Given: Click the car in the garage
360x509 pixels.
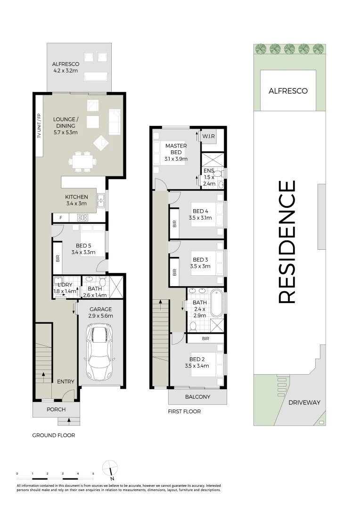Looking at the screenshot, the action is coord(100,353).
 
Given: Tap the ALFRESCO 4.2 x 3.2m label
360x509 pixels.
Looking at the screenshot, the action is coord(65,67).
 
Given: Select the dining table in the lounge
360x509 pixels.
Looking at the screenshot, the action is coord(82,161).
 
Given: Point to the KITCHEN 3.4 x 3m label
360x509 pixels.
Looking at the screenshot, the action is coord(76,200).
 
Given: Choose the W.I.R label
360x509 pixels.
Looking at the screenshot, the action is coord(208,136).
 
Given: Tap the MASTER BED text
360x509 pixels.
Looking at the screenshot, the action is coord(176,149).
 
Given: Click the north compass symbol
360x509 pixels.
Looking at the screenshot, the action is coord(110,470).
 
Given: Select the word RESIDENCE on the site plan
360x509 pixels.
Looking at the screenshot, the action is coord(287,242).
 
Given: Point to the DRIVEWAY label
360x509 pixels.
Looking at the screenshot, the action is coord(304,402).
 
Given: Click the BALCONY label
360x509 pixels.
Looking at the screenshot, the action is coord(198,397).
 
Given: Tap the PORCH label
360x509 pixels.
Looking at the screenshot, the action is coord(56,410).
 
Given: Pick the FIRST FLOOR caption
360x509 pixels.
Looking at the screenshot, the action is coord(184,411).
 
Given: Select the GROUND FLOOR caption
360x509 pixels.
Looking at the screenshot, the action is coord(54,435).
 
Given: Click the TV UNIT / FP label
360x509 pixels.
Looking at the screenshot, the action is coord(39,126).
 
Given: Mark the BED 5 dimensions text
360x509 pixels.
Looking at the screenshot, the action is coord(83,252).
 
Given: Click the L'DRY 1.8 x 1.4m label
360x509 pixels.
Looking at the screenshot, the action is coord(65,288).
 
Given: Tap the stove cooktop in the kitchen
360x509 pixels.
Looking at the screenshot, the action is coord(82,218).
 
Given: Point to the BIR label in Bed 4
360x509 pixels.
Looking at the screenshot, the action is coord(175,224).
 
